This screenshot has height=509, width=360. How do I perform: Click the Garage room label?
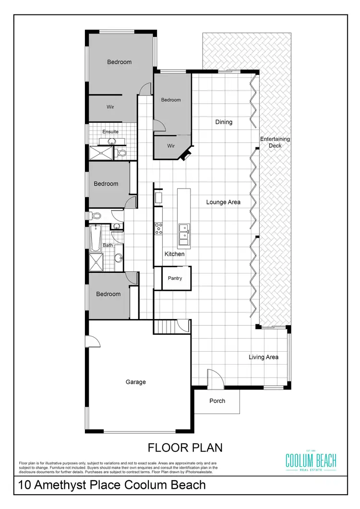click(x=136, y=382)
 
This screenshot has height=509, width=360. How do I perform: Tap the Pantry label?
click(x=175, y=278)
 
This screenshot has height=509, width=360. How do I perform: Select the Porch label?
click(x=217, y=401)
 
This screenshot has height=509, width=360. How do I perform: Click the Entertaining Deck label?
click(x=275, y=142)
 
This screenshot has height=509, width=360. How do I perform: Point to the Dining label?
click(x=224, y=122)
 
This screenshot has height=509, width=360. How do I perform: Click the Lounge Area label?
click(x=223, y=202)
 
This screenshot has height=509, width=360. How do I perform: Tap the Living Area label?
click(x=263, y=357)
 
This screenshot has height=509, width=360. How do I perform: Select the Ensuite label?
click(x=110, y=131)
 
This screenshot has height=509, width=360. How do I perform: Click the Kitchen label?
click(x=175, y=254)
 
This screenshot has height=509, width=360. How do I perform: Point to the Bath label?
click(x=108, y=245)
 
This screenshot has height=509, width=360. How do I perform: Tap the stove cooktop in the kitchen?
click(x=158, y=228)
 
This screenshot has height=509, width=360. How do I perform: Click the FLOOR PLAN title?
click(x=185, y=448)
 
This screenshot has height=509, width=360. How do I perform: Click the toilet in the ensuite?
click(x=121, y=153)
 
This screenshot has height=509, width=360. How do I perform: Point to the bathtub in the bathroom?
click(x=95, y=238)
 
